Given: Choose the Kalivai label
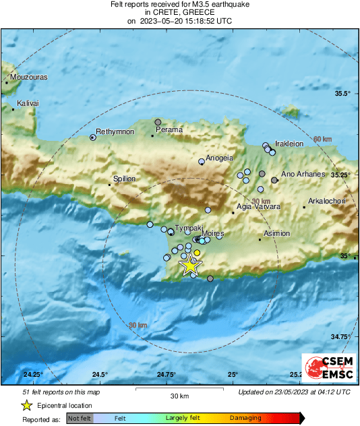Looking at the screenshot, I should (28, 103).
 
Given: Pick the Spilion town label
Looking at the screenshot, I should (125, 179).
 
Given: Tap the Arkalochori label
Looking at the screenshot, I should (326, 201).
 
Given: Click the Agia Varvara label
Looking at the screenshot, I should (259, 207).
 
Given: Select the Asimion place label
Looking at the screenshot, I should (276, 233).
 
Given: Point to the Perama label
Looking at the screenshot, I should (169, 129).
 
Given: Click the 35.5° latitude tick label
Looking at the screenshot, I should (343, 93).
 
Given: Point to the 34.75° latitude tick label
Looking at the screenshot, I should (340, 336).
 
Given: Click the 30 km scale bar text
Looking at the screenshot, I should (179, 395).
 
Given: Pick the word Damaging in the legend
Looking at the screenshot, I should (245, 418).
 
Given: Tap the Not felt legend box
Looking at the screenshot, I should (79, 418).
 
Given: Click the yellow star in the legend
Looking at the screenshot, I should (26, 405).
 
